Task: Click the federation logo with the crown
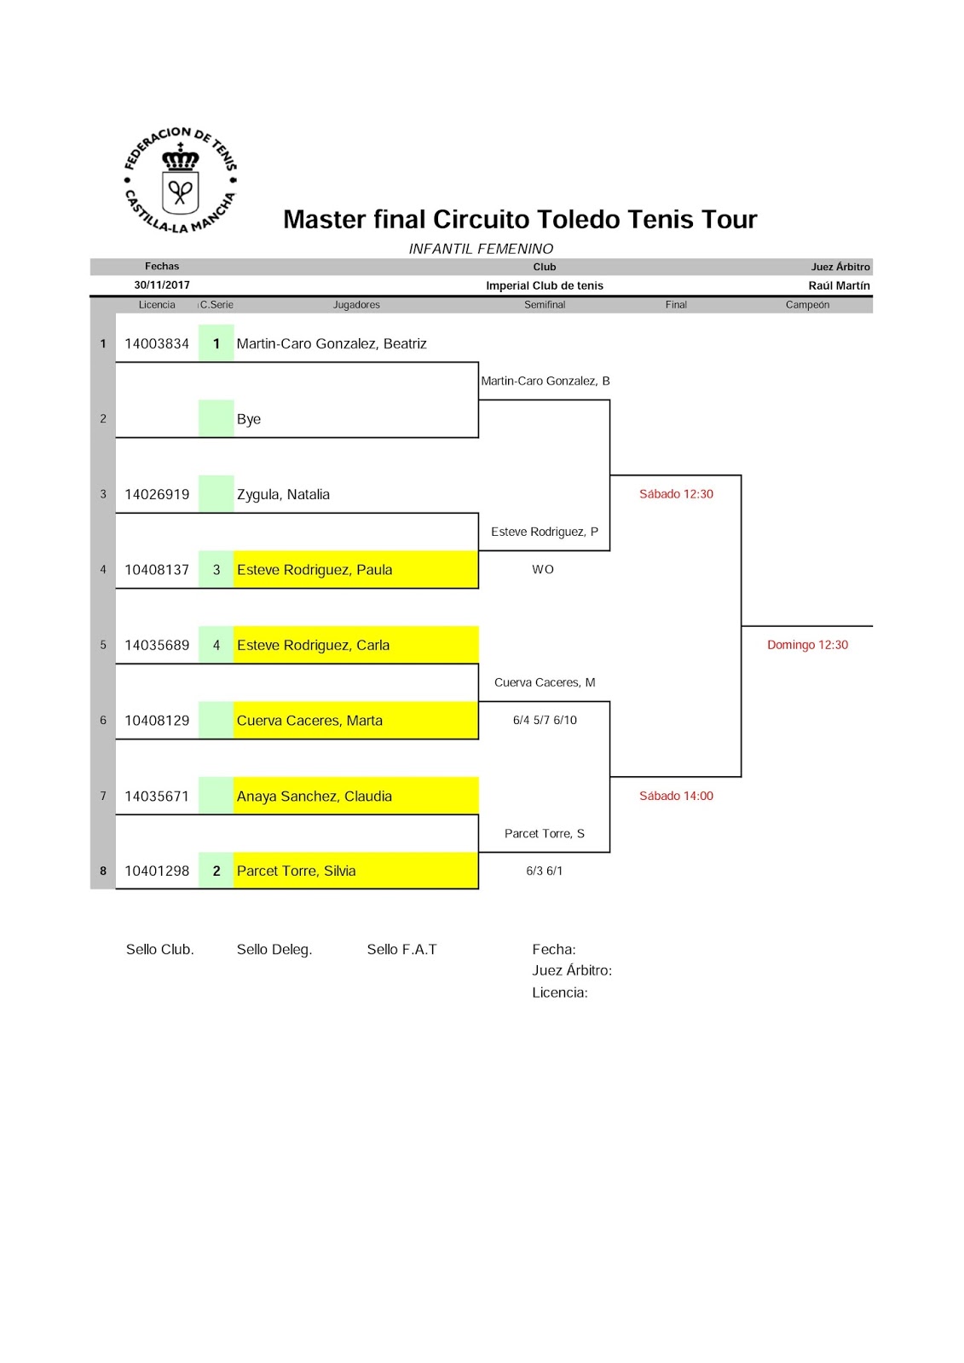[180, 181]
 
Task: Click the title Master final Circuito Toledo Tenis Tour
[520, 220]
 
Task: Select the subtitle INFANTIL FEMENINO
[481, 249]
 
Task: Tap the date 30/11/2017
[162, 285]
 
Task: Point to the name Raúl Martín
[839, 286]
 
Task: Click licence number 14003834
[157, 344]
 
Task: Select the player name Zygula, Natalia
[283, 495]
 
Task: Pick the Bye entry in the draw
[249, 419]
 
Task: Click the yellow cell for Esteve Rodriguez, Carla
[355, 645]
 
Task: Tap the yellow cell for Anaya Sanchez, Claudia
[355, 796]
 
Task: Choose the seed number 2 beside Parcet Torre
[216, 871]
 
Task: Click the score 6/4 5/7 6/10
[545, 721]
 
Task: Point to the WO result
[543, 570]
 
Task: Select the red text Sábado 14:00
[676, 797]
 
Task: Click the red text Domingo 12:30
[807, 645]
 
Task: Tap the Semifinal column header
[545, 305]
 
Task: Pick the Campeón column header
[807, 305]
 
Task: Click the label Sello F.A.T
[401, 950]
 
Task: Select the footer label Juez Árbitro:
[572, 970]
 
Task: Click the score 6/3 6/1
[545, 871]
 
